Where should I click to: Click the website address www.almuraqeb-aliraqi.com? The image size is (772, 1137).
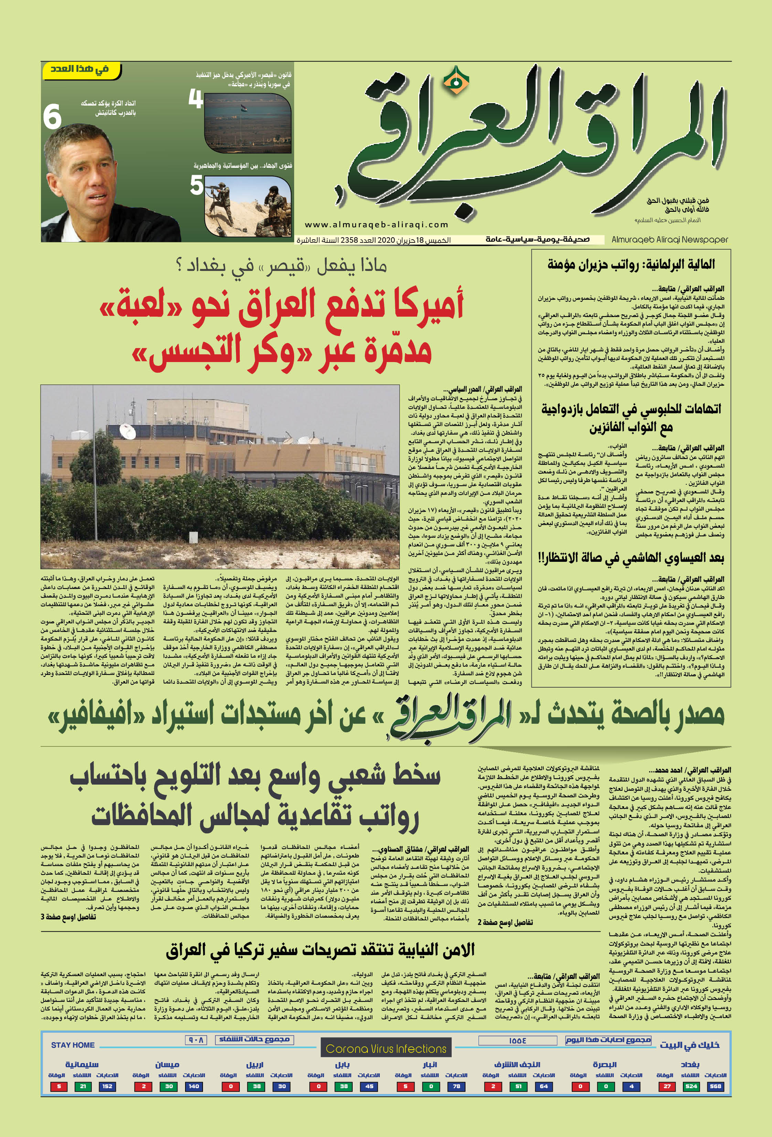376,225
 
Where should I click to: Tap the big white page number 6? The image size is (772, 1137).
52,117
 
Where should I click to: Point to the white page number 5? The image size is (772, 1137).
197,185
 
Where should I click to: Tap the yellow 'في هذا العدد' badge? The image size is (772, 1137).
81,70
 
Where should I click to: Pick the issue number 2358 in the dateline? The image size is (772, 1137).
350,240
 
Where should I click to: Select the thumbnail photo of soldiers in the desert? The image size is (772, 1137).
248,206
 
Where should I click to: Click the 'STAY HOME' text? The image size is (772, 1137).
73,1045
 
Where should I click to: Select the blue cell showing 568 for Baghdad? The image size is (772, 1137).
715,1086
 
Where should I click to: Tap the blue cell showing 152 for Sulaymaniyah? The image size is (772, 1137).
107,1086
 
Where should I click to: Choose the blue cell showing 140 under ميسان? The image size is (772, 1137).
194,1086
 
